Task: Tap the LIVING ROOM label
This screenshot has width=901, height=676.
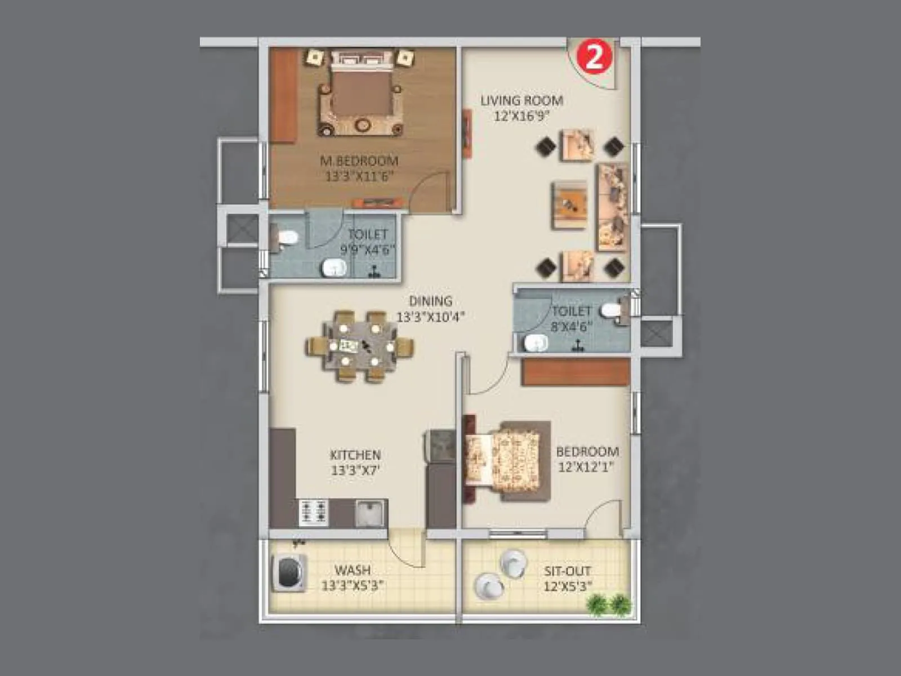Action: click(521, 101)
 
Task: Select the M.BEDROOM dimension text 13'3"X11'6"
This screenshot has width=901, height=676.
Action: click(359, 176)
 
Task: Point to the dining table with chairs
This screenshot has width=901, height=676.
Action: click(360, 346)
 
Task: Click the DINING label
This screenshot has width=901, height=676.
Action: click(430, 301)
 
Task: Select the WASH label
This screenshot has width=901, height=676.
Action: click(353, 570)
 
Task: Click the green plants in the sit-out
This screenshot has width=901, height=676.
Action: click(609, 604)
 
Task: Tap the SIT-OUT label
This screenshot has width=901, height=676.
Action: click(567, 571)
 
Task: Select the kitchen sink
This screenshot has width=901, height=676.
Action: click(371, 513)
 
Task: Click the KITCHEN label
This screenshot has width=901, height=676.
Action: click(355, 455)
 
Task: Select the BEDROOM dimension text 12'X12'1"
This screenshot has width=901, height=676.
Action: click(586, 467)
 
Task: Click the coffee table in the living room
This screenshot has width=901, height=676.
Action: click(570, 205)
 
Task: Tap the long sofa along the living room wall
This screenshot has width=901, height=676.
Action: click(613, 207)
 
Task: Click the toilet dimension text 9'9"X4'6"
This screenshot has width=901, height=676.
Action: click(367, 250)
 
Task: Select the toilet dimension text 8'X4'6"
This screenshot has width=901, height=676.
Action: click(571, 326)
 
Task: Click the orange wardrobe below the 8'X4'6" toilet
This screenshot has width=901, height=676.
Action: click(575, 372)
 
